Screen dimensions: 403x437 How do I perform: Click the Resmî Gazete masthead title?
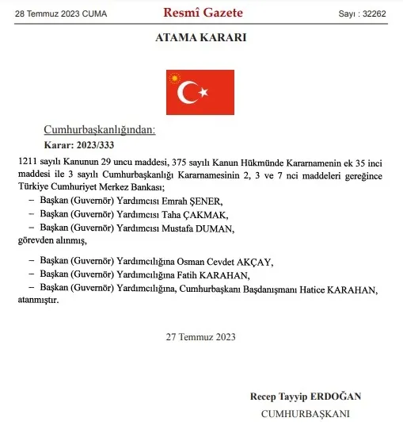click(203, 13)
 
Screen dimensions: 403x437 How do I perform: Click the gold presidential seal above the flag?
click(173, 77)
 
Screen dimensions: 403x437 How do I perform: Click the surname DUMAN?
click(221, 228)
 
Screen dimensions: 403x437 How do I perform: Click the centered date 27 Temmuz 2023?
click(201, 336)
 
